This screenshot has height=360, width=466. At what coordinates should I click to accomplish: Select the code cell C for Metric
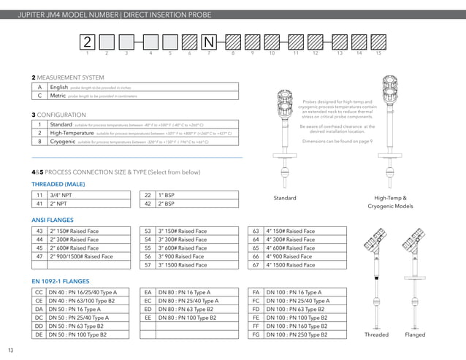point(39,95)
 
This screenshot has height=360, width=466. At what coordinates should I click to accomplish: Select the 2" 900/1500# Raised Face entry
point(80,256)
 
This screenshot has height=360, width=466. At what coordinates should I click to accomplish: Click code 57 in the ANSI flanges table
point(148,265)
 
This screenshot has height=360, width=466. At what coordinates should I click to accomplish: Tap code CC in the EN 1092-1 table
point(39,292)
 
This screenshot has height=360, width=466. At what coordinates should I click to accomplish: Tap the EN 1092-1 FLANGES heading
point(60,280)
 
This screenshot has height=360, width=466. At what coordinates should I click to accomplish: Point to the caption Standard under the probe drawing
point(285,198)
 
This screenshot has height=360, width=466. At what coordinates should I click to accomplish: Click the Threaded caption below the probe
point(376,334)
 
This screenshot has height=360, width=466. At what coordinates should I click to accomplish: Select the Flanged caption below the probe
point(415,334)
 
